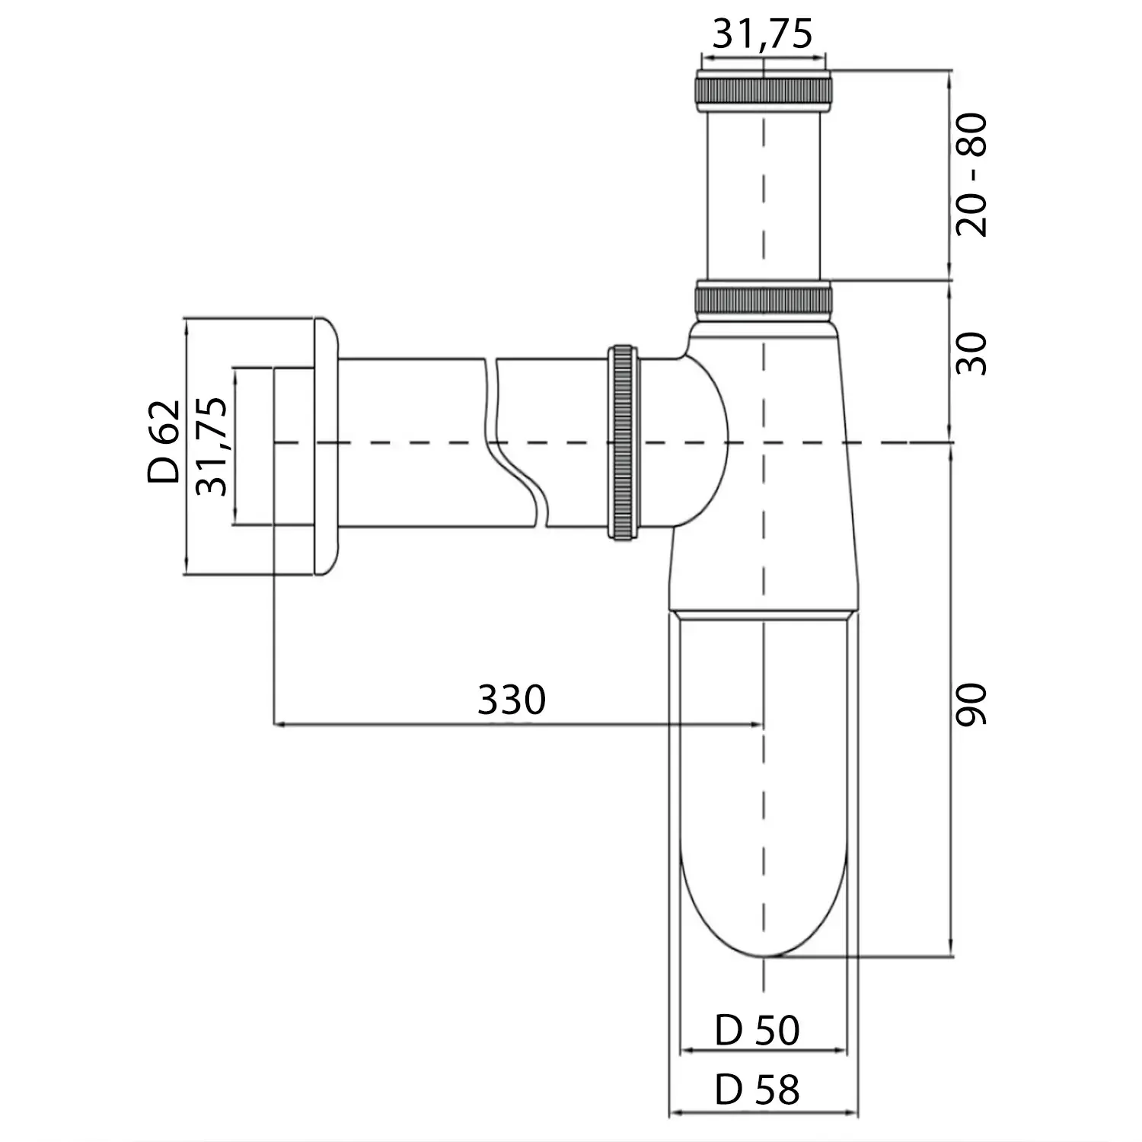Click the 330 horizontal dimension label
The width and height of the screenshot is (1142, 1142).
tap(512, 700)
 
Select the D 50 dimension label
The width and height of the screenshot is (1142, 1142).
tap(757, 1031)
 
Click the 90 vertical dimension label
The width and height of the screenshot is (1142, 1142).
tap(971, 704)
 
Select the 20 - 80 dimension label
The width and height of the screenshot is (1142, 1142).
tap(971, 175)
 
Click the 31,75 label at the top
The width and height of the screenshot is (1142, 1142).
tap(762, 34)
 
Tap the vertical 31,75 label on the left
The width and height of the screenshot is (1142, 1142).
tap(212, 446)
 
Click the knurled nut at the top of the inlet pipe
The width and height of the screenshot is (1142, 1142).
tap(762, 90)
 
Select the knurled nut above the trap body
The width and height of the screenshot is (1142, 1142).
tap(764, 298)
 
